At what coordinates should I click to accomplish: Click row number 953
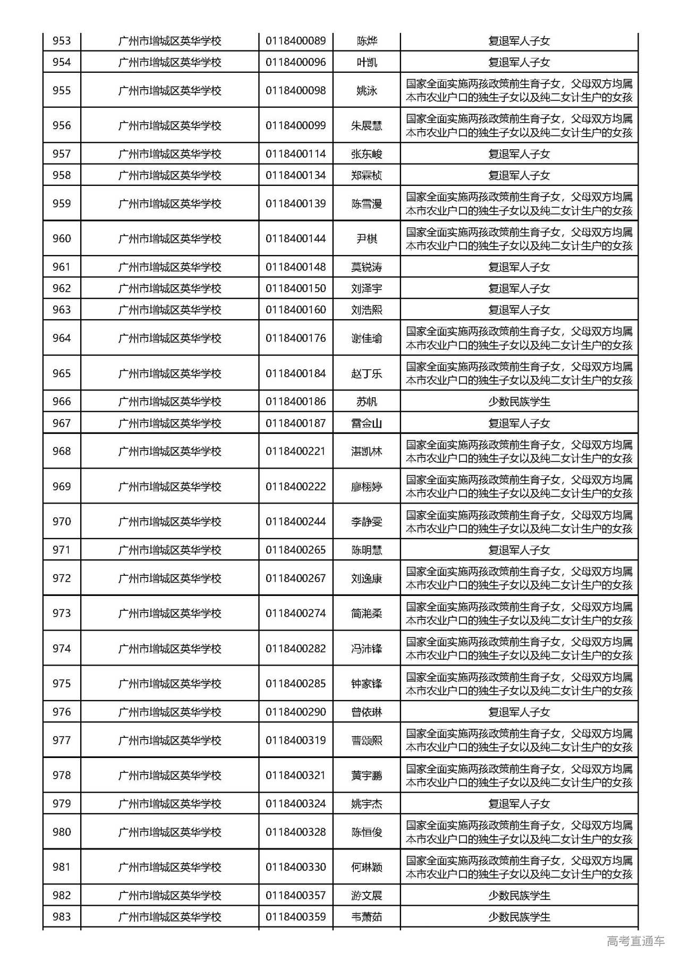(x=62, y=41)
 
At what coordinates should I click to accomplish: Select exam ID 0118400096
(x=296, y=62)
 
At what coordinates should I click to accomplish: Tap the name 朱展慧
(x=367, y=126)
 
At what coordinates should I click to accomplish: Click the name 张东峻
(x=367, y=154)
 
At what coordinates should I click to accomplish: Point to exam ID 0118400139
(x=296, y=203)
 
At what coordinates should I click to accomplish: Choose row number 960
(x=62, y=239)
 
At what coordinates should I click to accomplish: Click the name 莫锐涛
(x=367, y=267)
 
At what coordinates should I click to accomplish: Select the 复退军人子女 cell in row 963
(x=519, y=310)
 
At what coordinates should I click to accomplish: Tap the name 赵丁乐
(x=367, y=373)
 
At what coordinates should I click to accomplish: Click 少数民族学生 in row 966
(x=519, y=402)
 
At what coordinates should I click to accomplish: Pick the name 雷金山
(x=367, y=423)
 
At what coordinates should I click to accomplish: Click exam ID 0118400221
(x=296, y=451)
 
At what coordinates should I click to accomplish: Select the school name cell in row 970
(x=169, y=522)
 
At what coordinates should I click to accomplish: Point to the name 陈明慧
(x=367, y=550)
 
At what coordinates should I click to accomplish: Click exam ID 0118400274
(x=296, y=613)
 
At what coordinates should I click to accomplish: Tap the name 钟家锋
(x=367, y=684)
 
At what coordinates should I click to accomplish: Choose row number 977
(x=62, y=740)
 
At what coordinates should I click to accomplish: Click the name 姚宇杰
(x=367, y=804)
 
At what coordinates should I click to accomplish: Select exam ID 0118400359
(x=296, y=916)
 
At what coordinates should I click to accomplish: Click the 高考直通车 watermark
(x=635, y=941)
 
